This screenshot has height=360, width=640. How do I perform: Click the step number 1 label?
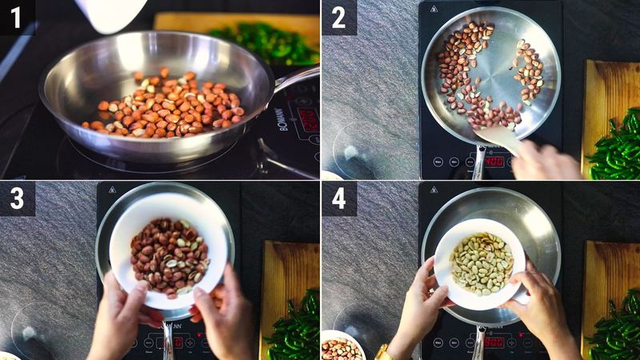pyautogui.click(x=16, y=16)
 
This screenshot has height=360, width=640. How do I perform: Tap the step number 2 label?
pyautogui.click(x=338, y=16)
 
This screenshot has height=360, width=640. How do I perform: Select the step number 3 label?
pyautogui.click(x=17, y=198)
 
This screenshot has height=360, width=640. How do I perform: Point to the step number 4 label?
pyautogui.click(x=338, y=198)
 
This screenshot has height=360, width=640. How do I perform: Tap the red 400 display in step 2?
pyautogui.click(x=494, y=161)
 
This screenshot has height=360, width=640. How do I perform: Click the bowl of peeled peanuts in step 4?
pyautogui.click(x=480, y=262)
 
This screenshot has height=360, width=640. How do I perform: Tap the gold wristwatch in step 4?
pyautogui.click(x=384, y=352)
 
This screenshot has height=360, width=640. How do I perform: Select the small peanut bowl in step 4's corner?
pyautogui.click(x=342, y=348)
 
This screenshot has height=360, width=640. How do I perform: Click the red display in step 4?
pyautogui.click(x=494, y=342)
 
